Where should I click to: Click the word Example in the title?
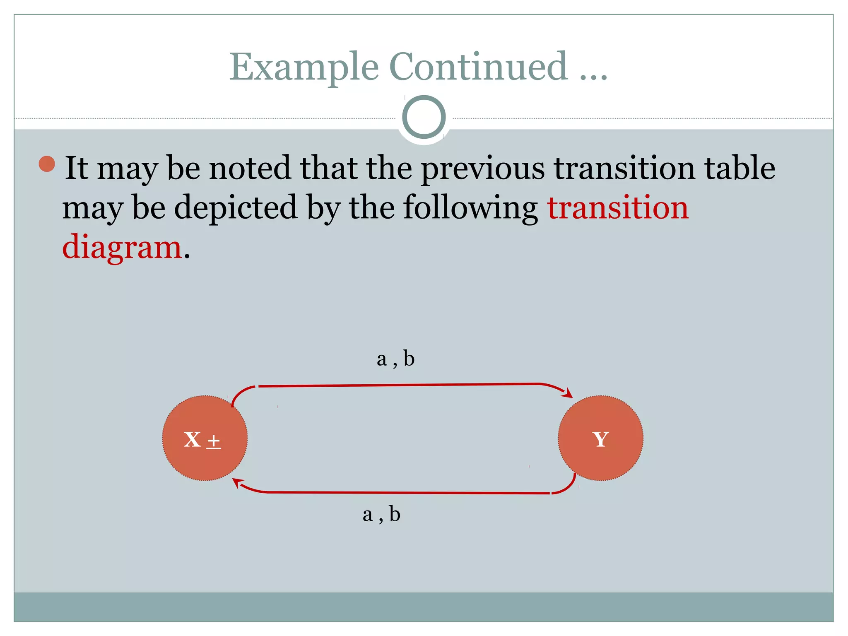[x=304, y=67]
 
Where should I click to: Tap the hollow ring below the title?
[x=424, y=117]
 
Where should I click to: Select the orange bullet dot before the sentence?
[x=47, y=164]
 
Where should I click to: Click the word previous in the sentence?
[x=483, y=169]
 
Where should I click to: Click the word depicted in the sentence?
[x=236, y=207]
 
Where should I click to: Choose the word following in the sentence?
[x=470, y=208]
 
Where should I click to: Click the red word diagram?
[x=122, y=247]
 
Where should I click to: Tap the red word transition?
[x=618, y=207]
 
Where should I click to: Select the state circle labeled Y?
[x=600, y=438]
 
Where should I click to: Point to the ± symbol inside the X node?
[x=214, y=441]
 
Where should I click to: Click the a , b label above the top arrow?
[x=395, y=359]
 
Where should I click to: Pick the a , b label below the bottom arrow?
[x=381, y=514]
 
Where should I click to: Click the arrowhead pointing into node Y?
[x=568, y=393]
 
